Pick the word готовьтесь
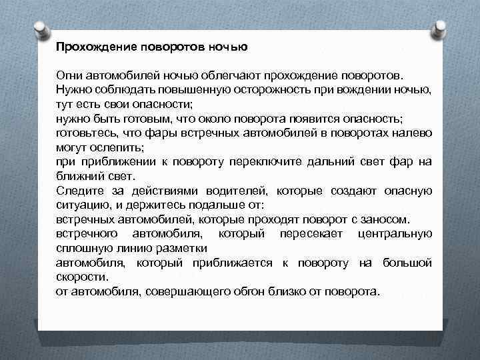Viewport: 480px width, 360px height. point(84,134)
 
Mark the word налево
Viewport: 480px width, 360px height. point(415,134)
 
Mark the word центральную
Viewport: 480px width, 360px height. point(395,234)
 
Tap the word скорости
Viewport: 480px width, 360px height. point(80,277)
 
